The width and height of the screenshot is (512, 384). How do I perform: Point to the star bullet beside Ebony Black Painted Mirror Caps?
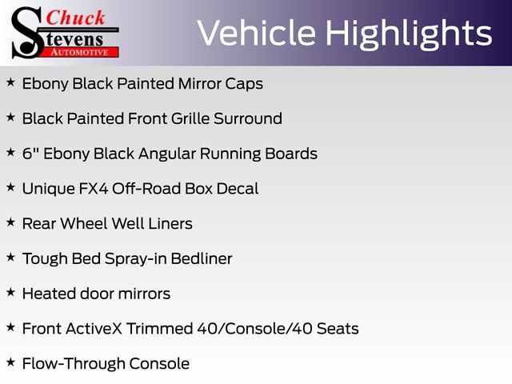10,82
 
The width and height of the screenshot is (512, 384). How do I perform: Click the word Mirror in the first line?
197,83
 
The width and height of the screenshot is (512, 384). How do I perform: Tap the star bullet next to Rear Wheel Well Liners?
10,222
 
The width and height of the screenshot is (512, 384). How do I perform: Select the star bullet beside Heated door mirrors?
10,293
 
